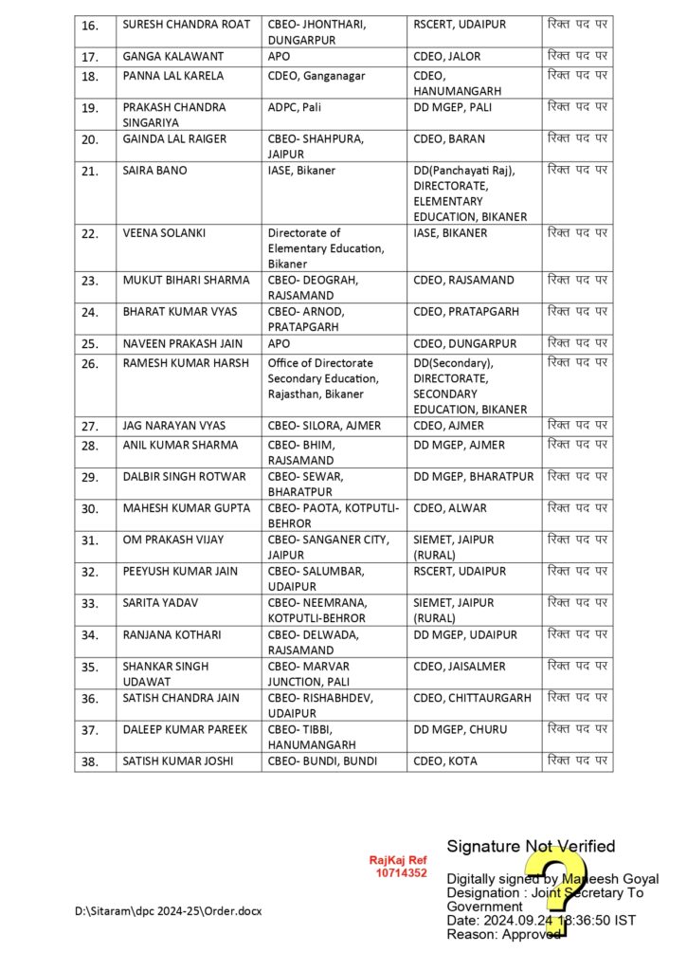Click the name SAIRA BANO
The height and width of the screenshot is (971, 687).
155,171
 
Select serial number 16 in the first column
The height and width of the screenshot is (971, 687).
90,26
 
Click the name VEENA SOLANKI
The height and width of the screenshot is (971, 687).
163,233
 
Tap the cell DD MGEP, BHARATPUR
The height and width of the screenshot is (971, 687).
474,476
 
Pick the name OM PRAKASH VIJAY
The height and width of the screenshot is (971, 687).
173,540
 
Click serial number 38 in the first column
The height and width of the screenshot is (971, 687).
90,761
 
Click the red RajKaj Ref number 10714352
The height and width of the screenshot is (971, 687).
402,872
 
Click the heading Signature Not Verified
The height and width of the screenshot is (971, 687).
531,846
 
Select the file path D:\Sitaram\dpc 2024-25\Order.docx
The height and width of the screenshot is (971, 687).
168,911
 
